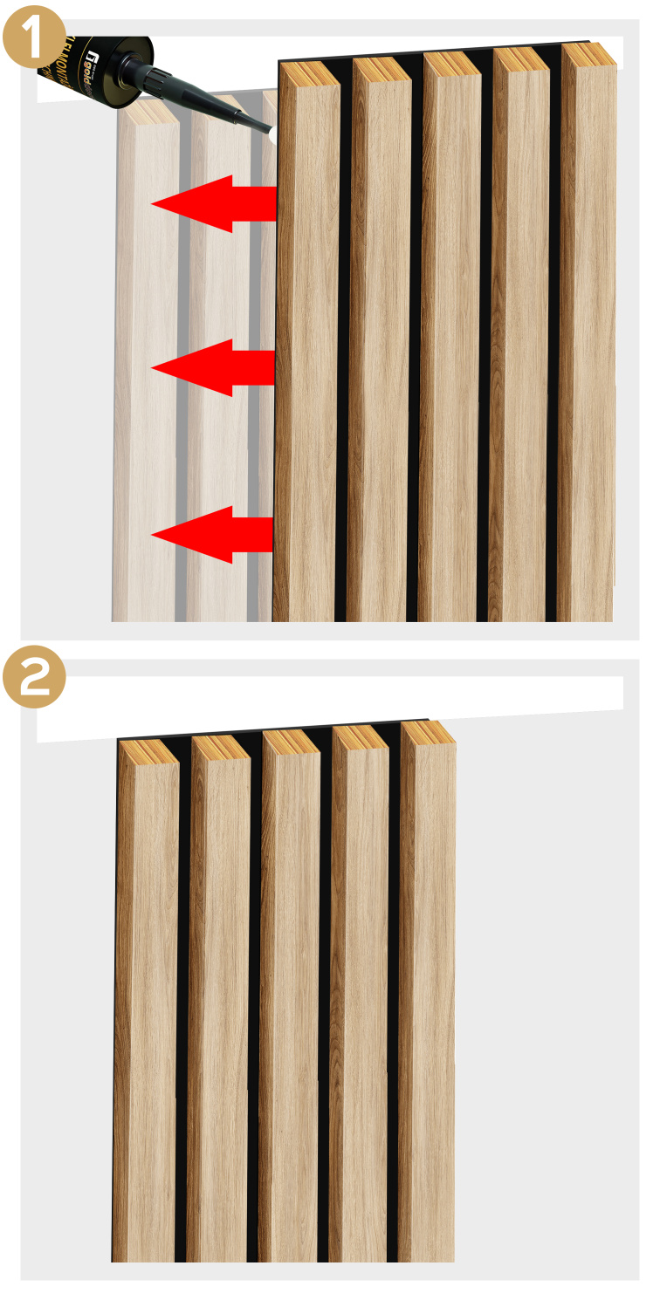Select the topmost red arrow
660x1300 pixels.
click(x=213, y=203)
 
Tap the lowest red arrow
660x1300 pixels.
click(x=213, y=534)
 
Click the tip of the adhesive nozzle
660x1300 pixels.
click(x=269, y=132)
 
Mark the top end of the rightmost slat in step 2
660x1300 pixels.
click(x=429, y=732)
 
